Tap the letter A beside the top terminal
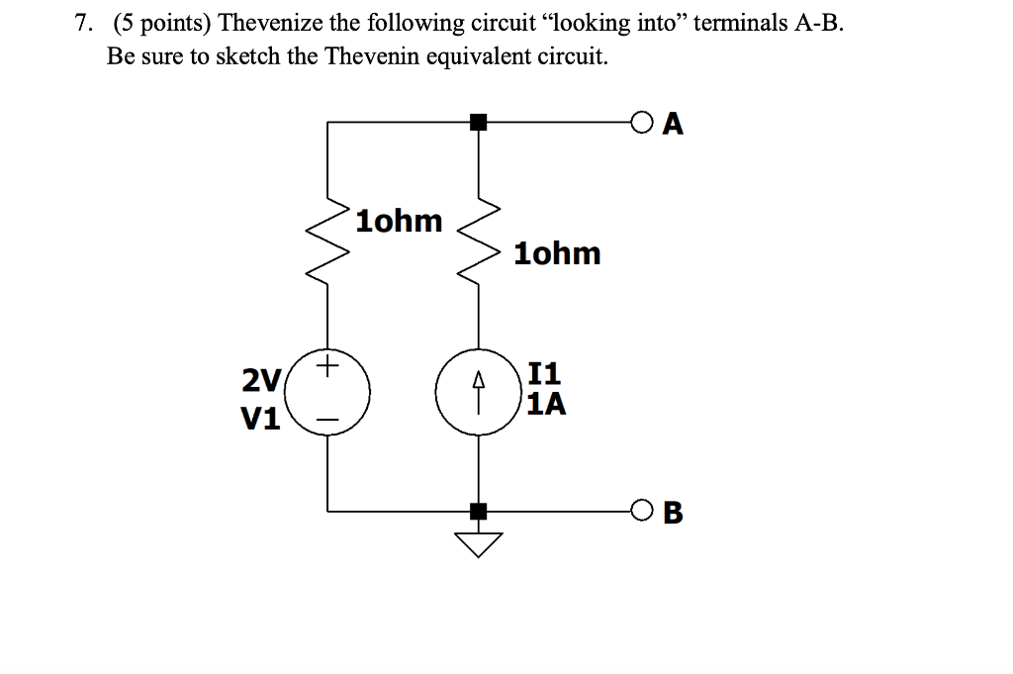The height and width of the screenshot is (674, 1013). click(674, 124)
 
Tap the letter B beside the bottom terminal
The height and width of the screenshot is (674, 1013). click(674, 513)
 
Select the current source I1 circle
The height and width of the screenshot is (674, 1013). click(479, 393)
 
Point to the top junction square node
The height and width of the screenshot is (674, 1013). click(479, 123)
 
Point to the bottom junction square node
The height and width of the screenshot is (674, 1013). click(479, 512)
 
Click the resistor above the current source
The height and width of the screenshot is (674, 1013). click(479, 243)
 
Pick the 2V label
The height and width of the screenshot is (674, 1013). click(261, 379)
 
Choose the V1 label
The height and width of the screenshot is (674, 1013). click(261, 420)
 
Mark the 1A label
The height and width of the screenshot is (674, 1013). click(547, 404)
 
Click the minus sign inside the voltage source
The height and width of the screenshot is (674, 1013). click(327, 420)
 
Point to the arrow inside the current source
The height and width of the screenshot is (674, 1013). click(479, 392)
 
